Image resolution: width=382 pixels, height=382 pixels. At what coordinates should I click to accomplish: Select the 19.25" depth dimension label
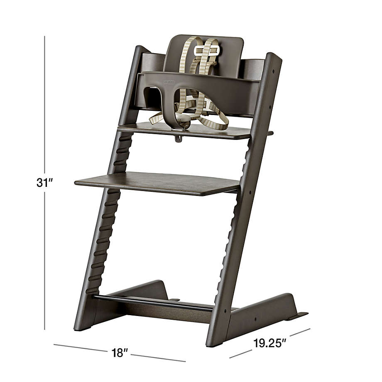coord(270,343)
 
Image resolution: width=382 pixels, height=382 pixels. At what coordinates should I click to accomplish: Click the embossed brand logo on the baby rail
coord(168,82)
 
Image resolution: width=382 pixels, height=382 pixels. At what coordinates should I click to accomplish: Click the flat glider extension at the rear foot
coord(298,316)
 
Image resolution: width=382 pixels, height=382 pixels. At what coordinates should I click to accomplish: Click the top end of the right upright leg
coord(274,58)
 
